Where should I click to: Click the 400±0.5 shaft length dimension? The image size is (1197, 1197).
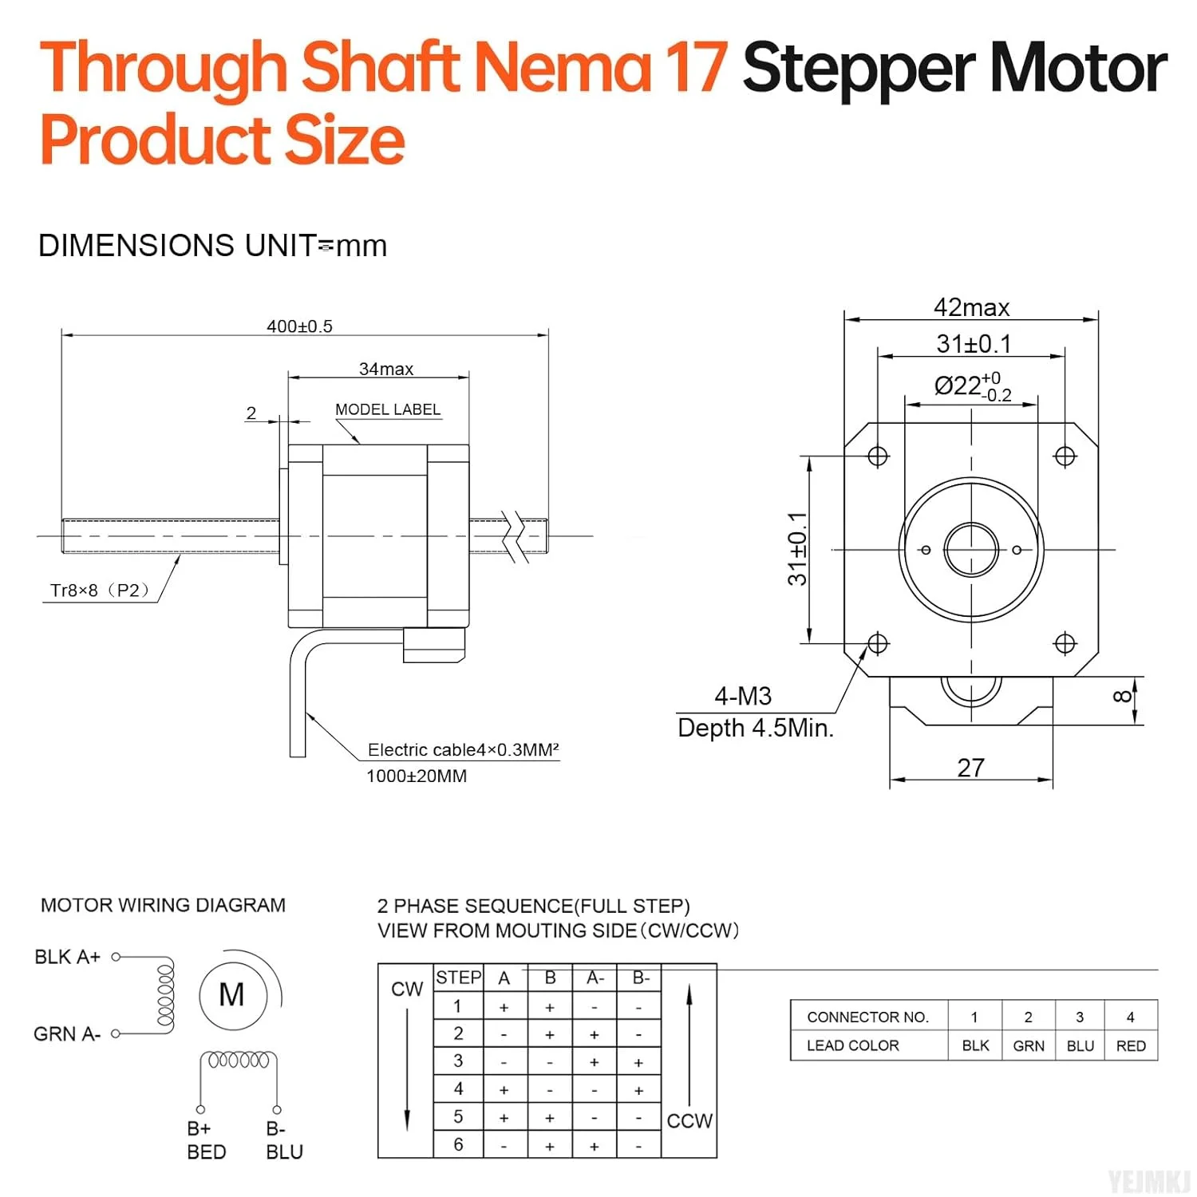tap(299, 326)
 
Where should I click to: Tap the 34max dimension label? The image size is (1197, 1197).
tap(386, 369)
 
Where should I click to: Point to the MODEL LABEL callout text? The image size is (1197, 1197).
tap(388, 409)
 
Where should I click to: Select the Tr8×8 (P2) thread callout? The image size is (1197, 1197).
tap(100, 591)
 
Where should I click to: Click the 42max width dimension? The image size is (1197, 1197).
tap(971, 307)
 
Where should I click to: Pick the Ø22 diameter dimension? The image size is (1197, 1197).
tap(973, 386)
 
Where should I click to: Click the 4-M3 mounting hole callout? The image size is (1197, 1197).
tap(743, 696)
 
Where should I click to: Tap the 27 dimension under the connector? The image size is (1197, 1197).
tap(970, 768)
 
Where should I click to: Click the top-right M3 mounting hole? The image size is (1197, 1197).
tap(1065, 456)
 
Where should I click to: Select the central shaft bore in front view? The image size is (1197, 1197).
tap(971, 550)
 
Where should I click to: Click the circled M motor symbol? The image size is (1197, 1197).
tap(231, 995)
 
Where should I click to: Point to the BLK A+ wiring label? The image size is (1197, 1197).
tap(67, 957)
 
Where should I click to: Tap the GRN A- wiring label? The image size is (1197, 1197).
tap(67, 1034)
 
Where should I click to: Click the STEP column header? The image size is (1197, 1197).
tap(458, 978)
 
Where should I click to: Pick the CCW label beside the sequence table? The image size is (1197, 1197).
tap(689, 1121)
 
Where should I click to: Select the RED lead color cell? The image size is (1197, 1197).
tap(1131, 1045)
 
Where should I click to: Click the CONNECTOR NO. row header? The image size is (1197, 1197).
tap(868, 1017)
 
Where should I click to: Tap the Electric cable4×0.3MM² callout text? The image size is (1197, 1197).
tap(463, 750)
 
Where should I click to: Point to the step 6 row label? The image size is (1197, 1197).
tap(458, 1144)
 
